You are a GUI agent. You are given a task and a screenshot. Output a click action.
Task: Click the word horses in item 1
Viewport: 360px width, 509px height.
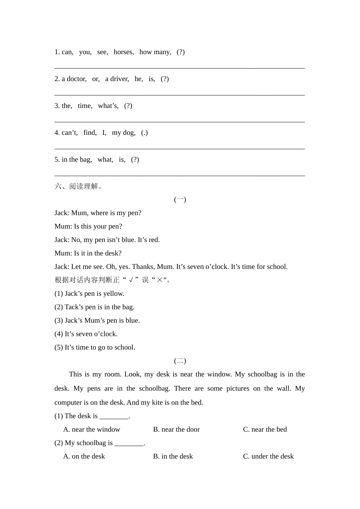pyautogui.click(x=123, y=52)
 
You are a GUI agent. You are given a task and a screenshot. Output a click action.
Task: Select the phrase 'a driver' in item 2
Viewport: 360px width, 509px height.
pyautogui.click(x=117, y=79)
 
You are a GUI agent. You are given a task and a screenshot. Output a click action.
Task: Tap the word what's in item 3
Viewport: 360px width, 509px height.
pyautogui.click(x=108, y=106)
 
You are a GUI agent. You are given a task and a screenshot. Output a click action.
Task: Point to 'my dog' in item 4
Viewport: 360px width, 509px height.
pyautogui.click(x=123, y=133)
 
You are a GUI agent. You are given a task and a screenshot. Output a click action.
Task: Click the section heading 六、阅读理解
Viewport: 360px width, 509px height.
pyautogui.click(x=79, y=186)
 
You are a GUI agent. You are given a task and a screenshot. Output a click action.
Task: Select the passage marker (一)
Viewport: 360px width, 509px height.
pyautogui.click(x=180, y=200)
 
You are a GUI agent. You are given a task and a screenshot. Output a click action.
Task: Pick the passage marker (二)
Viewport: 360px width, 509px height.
pyautogui.click(x=180, y=361)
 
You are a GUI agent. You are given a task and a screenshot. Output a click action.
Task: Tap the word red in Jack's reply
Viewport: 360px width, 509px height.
pyautogui.click(x=153, y=240)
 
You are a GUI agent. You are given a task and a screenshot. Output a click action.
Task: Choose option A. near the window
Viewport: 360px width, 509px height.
pyautogui.click(x=92, y=429)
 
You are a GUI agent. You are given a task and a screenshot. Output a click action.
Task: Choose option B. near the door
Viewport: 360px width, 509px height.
pyautogui.click(x=176, y=429)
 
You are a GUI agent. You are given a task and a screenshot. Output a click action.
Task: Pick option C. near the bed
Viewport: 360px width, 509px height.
pyautogui.click(x=265, y=429)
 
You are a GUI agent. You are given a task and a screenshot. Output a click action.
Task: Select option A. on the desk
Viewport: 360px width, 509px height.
pyautogui.click(x=84, y=456)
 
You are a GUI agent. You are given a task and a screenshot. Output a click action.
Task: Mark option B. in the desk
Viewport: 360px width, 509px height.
pyautogui.click(x=173, y=456)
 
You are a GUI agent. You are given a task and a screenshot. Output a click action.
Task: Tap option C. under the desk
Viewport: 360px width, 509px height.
pyautogui.click(x=268, y=456)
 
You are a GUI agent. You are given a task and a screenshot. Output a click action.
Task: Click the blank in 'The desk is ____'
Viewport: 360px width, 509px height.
pyautogui.click(x=114, y=416)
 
